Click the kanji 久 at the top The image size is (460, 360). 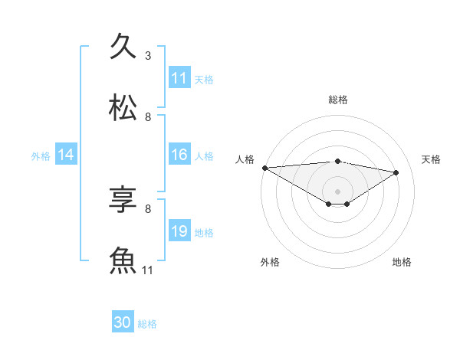(x=123, y=46)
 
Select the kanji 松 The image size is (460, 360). (x=123, y=107)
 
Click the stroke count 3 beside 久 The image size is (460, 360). (x=148, y=56)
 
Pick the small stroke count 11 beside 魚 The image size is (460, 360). (x=148, y=270)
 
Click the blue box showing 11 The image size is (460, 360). (x=179, y=78)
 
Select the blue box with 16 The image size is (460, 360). (x=179, y=155)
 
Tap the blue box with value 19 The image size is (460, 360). (x=179, y=231)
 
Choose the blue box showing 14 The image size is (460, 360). (x=66, y=155)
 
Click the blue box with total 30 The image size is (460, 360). (x=123, y=323)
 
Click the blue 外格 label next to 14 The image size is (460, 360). (x=41, y=155)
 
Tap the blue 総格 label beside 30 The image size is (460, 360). (x=147, y=324)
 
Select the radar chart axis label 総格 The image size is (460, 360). (x=337, y=100)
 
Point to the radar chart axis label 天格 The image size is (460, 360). (x=431, y=159)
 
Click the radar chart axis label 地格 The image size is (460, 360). (x=402, y=262)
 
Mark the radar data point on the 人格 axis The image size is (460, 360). (x=264, y=168)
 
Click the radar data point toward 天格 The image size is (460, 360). (x=396, y=172)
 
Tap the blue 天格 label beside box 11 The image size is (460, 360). (x=204, y=79)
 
